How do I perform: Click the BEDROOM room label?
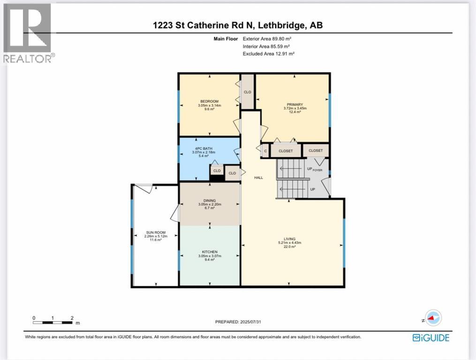coord(209,102)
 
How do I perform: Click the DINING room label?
coord(210,201)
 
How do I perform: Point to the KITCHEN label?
coord(210,252)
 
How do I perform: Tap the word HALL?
coord(258,178)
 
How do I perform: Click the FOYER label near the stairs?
coord(318,170)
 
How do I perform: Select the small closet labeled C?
coord(265,151)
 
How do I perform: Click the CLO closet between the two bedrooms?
coord(248,92)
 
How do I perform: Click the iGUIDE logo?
coord(431,337)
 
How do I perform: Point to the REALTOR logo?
coord(29,33)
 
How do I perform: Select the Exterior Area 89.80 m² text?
coord(266,39)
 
